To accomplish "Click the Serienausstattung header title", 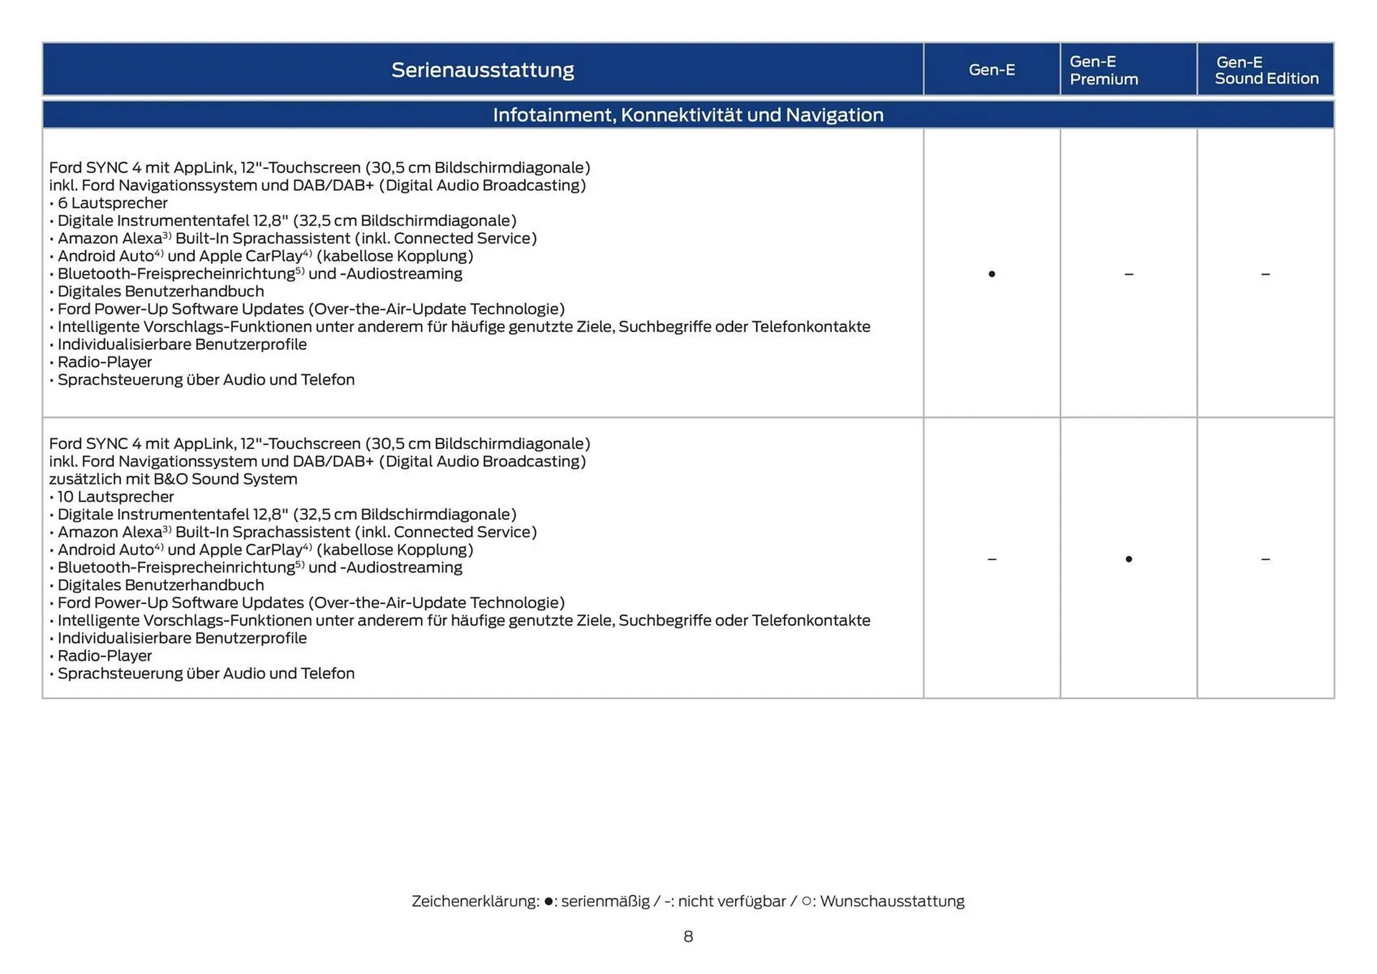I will pyautogui.click(x=483, y=70).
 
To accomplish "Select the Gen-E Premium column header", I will pyautogui.click(x=1103, y=70).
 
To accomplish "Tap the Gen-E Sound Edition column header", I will pyautogui.click(x=1266, y=70).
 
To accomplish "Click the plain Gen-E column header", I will pyautogui.click(x=991, y=70).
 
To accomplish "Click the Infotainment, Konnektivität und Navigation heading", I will pyautogui.click(x=688, y=115).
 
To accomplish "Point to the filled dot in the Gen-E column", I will pyautogui.click(x=991, y=274).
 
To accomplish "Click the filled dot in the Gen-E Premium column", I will pyautogui.click(x=1128, y=559).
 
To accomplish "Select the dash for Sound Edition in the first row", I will pyautogui.click(x=1265, y=274).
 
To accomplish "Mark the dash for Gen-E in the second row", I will pyautogui.click(x=991, y=559).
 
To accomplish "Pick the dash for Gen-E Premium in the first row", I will pyautogui.click(x=1128, y=274).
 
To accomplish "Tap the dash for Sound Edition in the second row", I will pyautogui.click(x=1265, y=559).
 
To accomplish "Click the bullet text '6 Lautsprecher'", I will pyautogui.click(x=112, y=203).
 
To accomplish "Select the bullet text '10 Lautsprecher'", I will pyautogui.click(x=115, y=496).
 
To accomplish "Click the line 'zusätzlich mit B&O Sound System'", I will pyautogui.click(x=173, y=479).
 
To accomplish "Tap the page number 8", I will pyautogui.click(x=688, y=936).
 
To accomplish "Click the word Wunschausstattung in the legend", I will pyautogui.click(x=891, y=901).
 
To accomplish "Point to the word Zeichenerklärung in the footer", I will pyautogui.click(x=475, y=901).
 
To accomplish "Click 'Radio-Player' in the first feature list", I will pyautogui.click(x=105, y=362).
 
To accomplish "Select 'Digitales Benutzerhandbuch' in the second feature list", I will pyautogui.click(x=161, y=585).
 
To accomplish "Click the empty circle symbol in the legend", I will pyautogui.click(x=806, y=901).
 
